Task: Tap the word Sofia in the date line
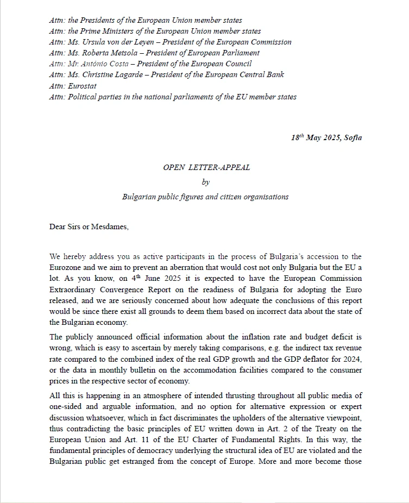pos(353,137)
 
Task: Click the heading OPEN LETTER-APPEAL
pos(206,167)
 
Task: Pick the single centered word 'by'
pos(205,182)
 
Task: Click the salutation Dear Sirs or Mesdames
pos(89,227)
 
